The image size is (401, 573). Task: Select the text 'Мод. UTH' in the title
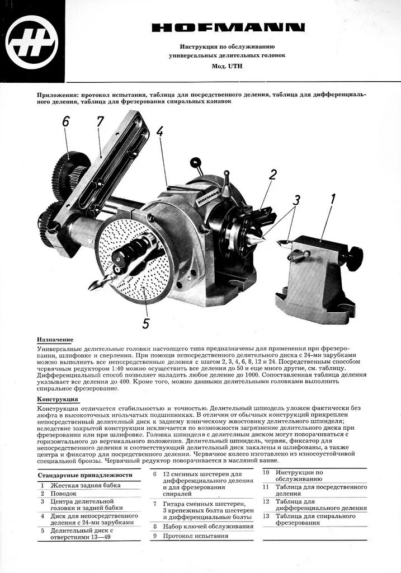coord(227,66)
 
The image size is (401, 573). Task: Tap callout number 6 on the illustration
coord(66,121)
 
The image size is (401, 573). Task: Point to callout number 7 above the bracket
coord(100,121)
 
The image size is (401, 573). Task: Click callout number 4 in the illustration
coord(160,131)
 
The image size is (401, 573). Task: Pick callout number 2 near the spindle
coord(272,175)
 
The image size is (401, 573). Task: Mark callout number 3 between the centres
coord(296,200)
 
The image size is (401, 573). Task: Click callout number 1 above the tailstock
coord(333,198)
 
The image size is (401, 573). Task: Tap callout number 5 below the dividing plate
coord(146,323)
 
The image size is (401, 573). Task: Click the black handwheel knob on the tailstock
coord(353,259)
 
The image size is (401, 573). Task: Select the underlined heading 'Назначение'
coord(55,340)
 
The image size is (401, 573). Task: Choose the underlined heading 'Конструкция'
coord(58,399)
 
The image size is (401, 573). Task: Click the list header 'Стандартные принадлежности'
coord(85,475)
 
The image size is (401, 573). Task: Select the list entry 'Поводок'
coord(63,494)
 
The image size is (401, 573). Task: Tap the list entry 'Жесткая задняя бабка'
coord(86,485)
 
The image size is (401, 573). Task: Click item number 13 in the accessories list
coord(266,516)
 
